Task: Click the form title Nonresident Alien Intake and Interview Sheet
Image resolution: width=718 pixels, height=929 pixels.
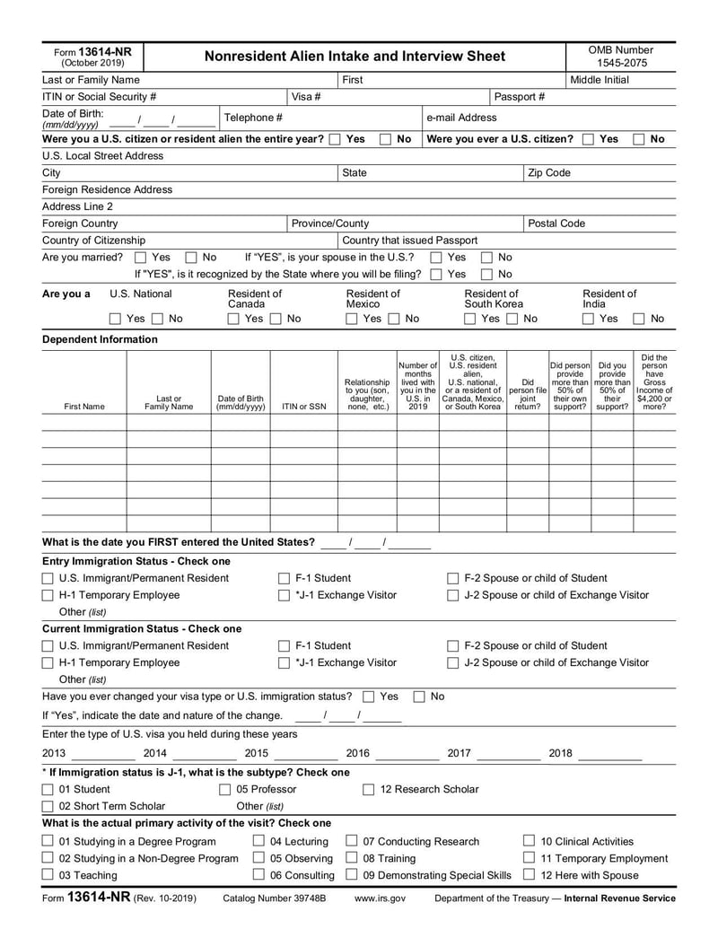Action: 355,57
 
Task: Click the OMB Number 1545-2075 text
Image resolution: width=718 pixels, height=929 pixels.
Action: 620,57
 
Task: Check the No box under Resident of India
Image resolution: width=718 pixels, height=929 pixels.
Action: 639,319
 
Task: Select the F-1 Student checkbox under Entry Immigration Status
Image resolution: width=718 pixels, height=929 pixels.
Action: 284,578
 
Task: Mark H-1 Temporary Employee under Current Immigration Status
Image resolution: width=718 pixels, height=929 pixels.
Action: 48,662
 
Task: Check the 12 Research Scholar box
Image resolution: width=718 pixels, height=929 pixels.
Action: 368,789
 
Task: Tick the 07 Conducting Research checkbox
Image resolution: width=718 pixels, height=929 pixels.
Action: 352,841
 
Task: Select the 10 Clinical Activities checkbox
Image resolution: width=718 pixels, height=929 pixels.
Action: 530,841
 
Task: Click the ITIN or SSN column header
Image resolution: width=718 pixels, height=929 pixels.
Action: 303,407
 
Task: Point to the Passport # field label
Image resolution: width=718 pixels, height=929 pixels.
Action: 520,97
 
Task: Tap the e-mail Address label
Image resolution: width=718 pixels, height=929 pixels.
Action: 461,118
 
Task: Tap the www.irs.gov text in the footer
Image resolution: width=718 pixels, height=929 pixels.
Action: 380,898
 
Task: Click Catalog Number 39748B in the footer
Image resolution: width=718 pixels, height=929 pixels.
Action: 274,898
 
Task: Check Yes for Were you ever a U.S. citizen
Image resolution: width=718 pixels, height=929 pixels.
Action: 588,139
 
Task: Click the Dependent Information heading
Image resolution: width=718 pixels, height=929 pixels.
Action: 100,339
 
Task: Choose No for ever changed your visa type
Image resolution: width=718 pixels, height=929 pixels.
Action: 419,697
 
